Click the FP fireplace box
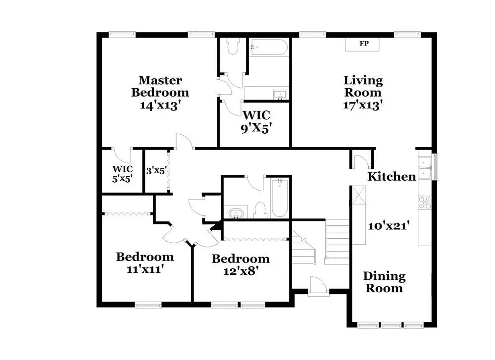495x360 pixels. pyautogui.click(x=362, y=44)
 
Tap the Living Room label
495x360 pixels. pyautogui.click(x=363, y=86)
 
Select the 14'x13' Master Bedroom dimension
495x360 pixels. pyautogui.click(x=160, y=105)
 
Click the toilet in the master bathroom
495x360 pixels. pyautogui.click(x=233, y=46)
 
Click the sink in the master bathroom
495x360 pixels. pyautogui.click(x=280, y=95)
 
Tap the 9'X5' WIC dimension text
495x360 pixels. pyautogui.click(x=256, y=129)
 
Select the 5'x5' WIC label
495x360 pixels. pyautogui.click(x=122, y=174)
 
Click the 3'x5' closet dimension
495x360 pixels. pyautogui.click(x=156, y=171)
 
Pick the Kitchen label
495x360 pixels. pyautogui.click(x=392, y=176)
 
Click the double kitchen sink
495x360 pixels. pyautogui.click(x=425, y=168)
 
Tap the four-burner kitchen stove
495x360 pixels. pyautogui.click(x=425, y=203)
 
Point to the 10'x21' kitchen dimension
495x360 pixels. pyautogui.click(x=389, y=226)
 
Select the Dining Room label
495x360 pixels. pyautogui.click(x=384, y=282)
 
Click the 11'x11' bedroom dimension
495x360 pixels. pyautogui.click(x=145, y=269)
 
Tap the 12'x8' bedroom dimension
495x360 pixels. pyautogui.click(x=241, y=271)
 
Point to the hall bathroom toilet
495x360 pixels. pyautogui.click(x=260, y=209)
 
